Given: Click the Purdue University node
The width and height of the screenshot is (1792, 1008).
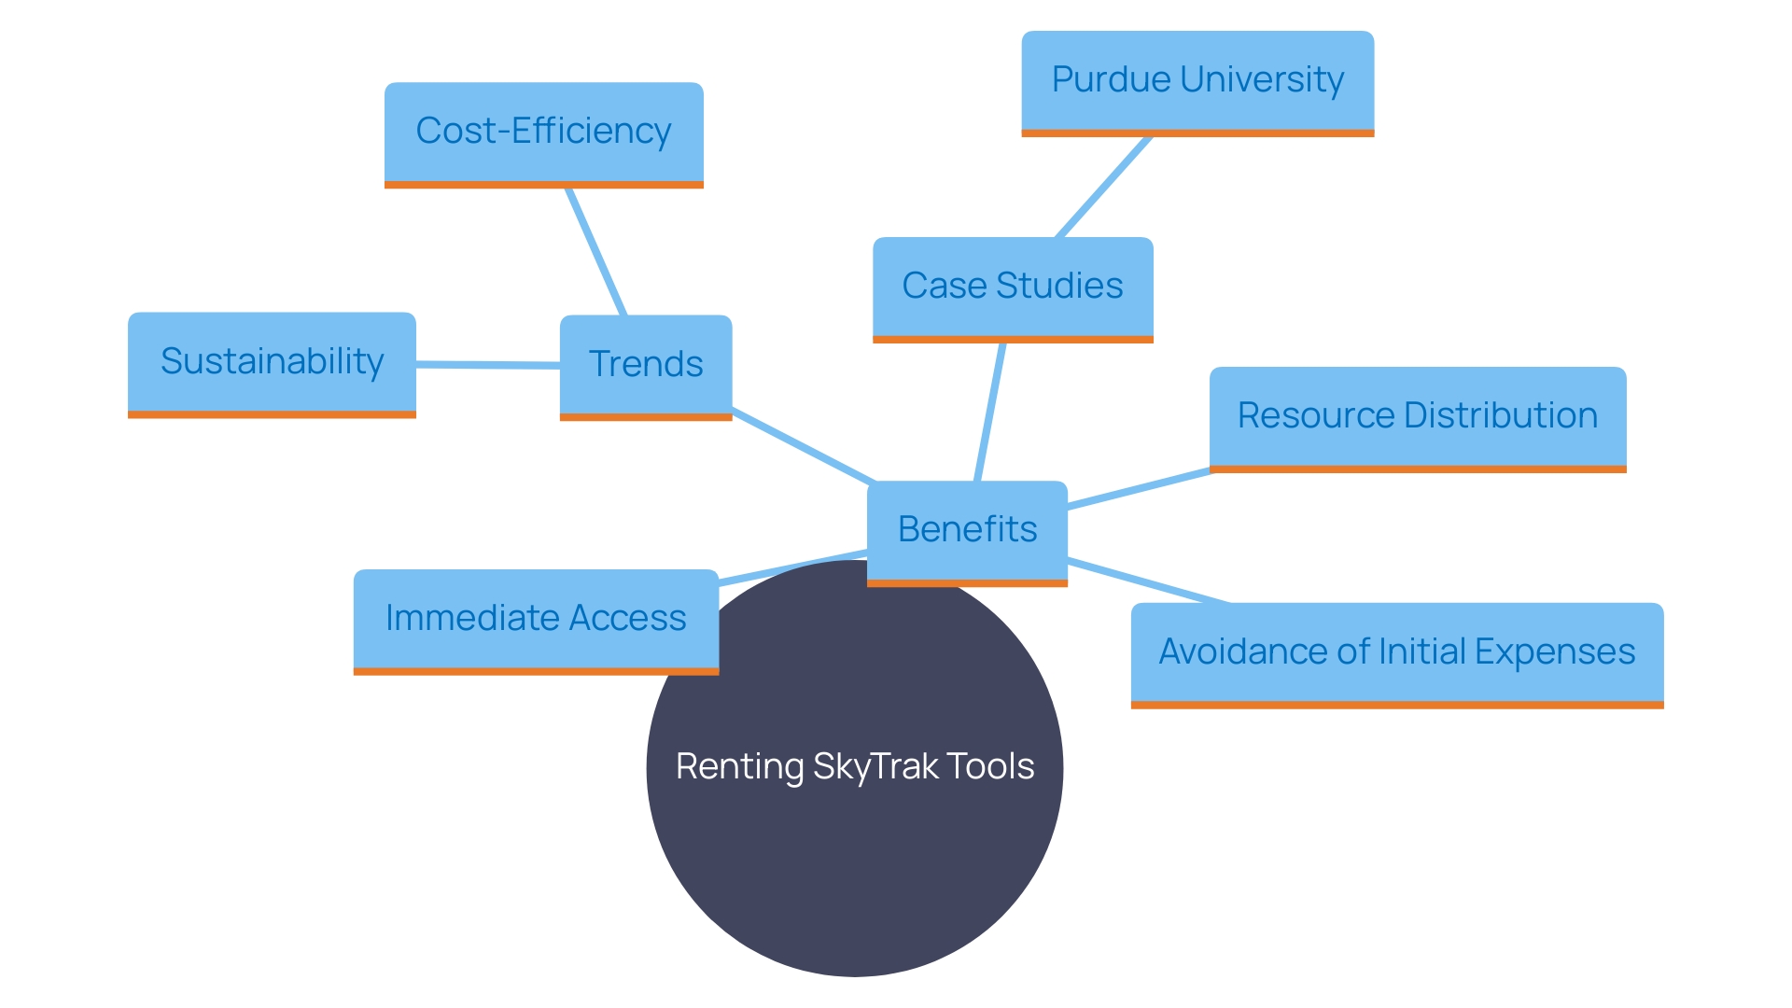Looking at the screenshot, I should [x=1197, y=82].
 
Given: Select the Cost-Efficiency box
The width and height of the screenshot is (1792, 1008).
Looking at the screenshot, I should [x=543, y=133].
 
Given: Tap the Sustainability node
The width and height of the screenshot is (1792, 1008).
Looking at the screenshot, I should [x=272, y=363].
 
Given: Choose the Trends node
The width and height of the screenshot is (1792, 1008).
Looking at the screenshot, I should [x=645, y=366].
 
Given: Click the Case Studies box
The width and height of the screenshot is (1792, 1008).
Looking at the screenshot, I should [x=1013, y=287].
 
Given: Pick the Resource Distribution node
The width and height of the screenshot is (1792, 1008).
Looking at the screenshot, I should [x=1417, y=417].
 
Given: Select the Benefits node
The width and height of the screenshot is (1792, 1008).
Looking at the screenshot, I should [x=967, y=531].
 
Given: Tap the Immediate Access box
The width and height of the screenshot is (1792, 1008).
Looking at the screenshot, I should [x=536, y=620].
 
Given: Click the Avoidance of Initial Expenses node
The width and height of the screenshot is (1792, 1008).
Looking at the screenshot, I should [x=1396, y=653].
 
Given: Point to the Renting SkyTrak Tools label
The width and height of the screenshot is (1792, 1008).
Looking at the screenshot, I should [x=855, y=767].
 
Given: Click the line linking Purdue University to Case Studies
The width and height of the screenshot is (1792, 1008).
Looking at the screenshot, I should [x=1103, y=187].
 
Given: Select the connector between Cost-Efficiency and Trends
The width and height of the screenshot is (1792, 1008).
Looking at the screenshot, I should [x=595, y=252].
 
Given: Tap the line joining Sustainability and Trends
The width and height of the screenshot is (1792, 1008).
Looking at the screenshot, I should [x=487, y=365].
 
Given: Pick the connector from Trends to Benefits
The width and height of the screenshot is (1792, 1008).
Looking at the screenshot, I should [x=803, y=445].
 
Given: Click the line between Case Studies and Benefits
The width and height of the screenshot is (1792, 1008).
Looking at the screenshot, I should [x=989, y=412].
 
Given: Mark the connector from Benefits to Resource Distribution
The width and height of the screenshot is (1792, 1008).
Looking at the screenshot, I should [x=1139, y=489].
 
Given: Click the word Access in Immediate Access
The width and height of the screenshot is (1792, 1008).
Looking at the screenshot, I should [x=627, y=619].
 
